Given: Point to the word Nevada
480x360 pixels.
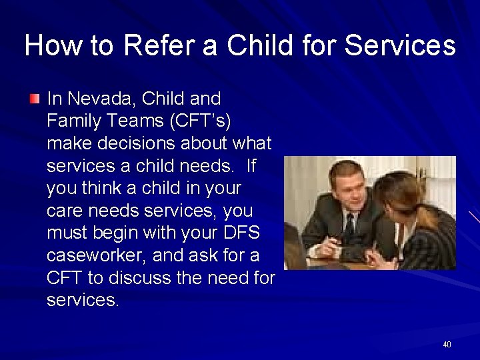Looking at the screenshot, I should click(x=101, y=99).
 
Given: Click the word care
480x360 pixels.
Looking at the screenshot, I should click(x=64, y=211).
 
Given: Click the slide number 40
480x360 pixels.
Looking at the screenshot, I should click(x=446, y=344).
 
